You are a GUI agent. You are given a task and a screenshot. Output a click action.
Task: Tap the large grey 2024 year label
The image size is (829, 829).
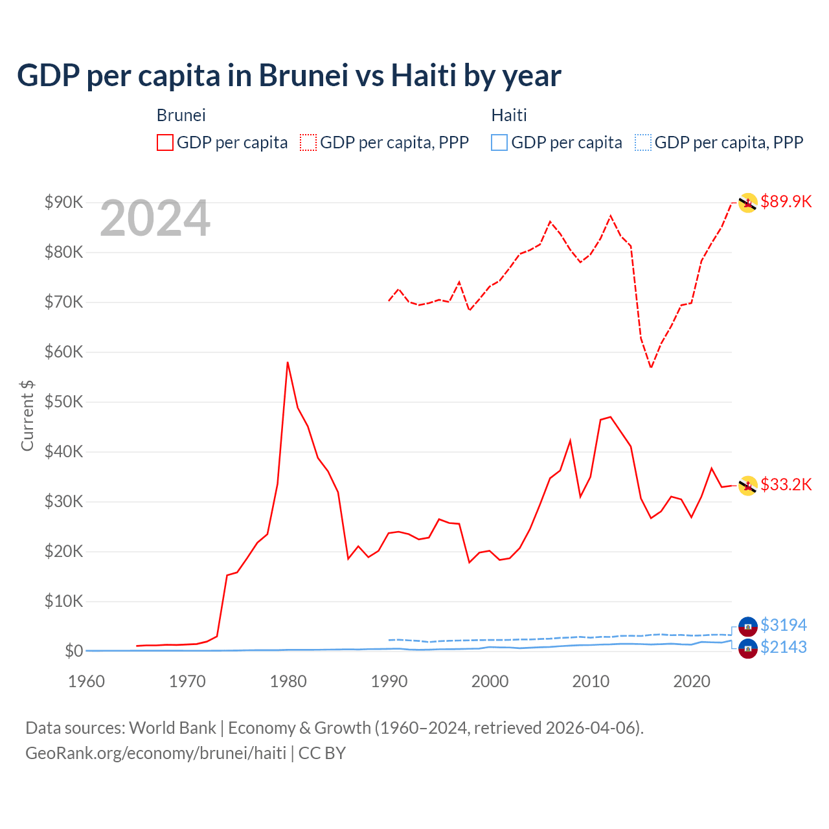pos(155,219)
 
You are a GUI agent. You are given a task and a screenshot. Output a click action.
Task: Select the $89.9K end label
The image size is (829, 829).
pos(786,201)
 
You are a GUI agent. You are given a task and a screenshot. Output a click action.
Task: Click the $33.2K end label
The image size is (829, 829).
pos(786,484)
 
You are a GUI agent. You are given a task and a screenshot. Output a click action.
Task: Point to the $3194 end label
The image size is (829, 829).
pos(783,625)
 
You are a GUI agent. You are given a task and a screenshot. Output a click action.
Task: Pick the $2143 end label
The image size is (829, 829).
pos(783,647)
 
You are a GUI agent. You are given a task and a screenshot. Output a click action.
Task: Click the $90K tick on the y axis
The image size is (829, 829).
pos(63,202)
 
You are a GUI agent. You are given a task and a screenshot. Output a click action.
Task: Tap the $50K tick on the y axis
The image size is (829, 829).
pos(63,402)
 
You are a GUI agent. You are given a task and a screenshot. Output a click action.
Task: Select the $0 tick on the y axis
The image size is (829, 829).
pos(73,651)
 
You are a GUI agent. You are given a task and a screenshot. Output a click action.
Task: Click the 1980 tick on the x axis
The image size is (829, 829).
pos(288,681)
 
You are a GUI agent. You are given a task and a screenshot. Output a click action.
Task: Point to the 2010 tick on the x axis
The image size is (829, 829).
pos(591,681)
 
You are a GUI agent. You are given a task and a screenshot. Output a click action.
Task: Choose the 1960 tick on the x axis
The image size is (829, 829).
pos(86,681)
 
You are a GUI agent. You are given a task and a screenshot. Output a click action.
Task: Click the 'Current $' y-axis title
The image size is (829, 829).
pos(27,415)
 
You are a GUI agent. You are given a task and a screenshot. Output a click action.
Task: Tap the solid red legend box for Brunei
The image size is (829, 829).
pos(165,142)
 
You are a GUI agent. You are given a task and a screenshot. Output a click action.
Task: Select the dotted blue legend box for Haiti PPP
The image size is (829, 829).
pos(642,142)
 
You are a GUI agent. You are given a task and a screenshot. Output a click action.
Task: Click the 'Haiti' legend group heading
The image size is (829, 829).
pos(509,115)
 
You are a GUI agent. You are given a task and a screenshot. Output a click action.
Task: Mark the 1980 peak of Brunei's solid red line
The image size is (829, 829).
pos(288,363)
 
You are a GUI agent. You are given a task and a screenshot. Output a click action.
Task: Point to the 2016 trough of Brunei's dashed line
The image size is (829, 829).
pos(651,367)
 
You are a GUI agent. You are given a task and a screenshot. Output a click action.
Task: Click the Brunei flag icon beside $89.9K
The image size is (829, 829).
pos(747,203)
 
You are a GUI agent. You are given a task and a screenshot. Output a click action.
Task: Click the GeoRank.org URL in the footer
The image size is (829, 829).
pos(155,753)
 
